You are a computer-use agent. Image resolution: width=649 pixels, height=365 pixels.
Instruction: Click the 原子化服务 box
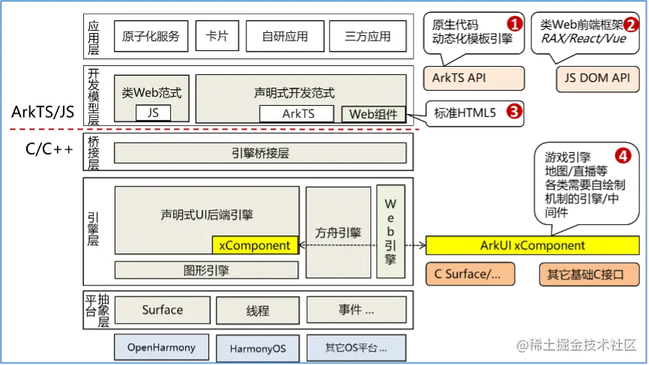point(151,36)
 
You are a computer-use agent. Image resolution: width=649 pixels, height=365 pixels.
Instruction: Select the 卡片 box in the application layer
point(216,36)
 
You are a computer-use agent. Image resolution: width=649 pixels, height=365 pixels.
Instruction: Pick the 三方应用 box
point(367,36)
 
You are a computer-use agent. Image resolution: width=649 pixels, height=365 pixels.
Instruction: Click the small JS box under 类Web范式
point(153,113)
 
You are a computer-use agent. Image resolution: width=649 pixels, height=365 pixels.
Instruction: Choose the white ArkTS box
point(298,114)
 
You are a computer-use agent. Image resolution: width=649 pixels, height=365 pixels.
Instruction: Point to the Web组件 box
point(373,114)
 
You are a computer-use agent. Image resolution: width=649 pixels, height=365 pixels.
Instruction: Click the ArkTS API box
point(474,78)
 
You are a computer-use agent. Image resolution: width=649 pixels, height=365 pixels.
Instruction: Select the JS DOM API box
point(598,78)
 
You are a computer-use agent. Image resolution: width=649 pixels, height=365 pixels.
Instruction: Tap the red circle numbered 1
point(513,24)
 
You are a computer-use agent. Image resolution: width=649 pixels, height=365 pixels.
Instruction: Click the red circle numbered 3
point(513,112)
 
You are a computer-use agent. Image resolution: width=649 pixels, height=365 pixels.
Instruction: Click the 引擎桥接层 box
point(260,153)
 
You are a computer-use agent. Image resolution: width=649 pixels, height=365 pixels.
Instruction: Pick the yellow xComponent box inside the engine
point(256,245)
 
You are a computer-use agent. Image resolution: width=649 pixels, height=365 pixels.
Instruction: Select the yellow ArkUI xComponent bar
point(532,245)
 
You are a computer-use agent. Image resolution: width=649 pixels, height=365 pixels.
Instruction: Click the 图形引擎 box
point(206,270)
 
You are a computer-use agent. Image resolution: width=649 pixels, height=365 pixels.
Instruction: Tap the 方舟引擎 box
point(338,232)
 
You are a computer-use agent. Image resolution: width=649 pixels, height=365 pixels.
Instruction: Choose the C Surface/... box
point(470,274)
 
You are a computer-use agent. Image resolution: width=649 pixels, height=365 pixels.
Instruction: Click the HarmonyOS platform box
point(257,349)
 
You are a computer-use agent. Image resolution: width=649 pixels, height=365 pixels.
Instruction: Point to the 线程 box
point(257,310)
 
